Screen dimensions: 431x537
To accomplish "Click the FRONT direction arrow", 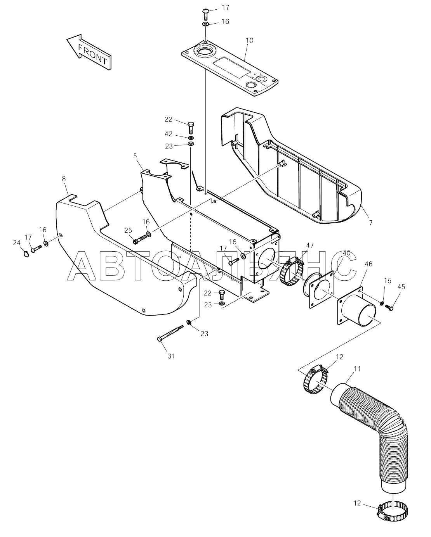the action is coord(89,52).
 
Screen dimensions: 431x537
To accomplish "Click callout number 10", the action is coord(250,40).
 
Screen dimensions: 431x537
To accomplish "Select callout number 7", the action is coord(371,223).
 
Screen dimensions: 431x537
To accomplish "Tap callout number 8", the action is coord(64,179).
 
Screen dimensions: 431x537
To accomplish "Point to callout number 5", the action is coord(135,156).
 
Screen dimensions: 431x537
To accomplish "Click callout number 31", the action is coord(171,356).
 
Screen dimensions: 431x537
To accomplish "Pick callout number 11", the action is coord(358,369).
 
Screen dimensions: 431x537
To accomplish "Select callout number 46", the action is coord(368,264).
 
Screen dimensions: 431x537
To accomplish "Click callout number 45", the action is coord(401,287).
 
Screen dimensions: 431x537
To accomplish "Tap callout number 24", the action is coord(17,243).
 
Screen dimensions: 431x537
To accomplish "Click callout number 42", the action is coord(169,134).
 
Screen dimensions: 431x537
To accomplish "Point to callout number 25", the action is coord(128,230).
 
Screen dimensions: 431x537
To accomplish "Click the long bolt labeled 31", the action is coord(170,332).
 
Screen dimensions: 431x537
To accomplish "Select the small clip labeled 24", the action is coord(26,254).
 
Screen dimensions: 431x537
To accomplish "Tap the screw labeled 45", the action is coord(389,307).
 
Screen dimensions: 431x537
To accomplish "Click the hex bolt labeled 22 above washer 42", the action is coord(191,128).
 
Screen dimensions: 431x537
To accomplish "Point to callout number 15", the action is coord(388,281).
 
